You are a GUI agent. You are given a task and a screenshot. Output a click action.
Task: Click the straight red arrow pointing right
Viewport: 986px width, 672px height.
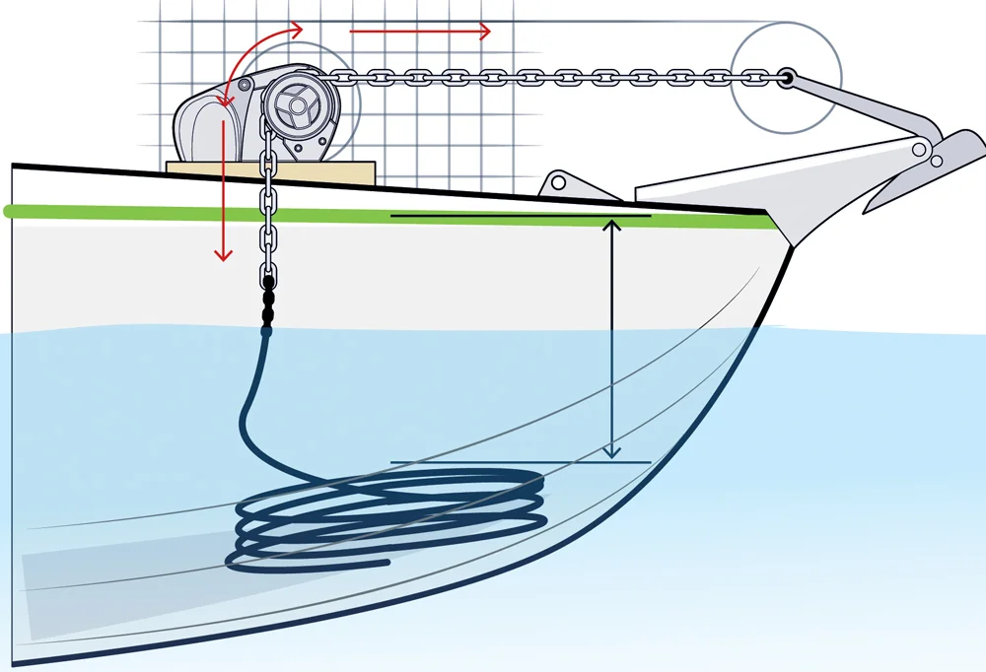[419, 32]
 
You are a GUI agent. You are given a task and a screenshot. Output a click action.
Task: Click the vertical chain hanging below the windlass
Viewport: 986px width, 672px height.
[267, 217]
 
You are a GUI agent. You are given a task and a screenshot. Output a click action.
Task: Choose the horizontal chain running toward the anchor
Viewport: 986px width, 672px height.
[552, 75]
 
